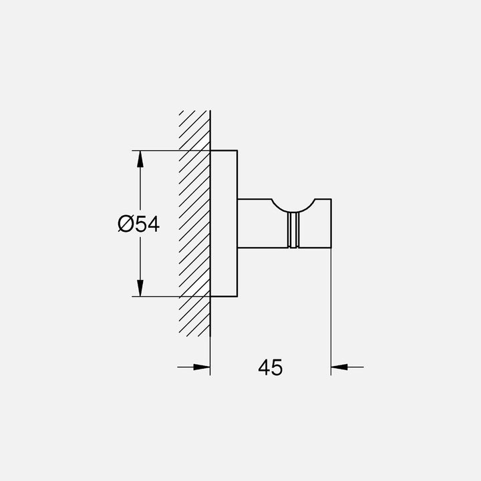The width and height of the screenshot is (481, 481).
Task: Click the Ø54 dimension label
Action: coord(138,224)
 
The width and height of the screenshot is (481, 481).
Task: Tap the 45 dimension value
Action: coord(271,367)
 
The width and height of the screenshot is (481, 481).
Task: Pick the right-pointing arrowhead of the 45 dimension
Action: coord(202,366)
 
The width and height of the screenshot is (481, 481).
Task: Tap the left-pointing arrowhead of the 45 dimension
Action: coord(339,366)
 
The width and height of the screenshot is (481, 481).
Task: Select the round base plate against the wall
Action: coord(224,224)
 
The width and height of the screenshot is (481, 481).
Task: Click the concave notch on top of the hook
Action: coord(292,204)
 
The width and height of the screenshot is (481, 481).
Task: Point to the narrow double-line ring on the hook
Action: coord(292,230)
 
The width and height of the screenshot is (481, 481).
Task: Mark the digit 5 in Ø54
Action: coord(142,224)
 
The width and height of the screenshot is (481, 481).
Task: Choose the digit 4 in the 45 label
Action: coord(264,367)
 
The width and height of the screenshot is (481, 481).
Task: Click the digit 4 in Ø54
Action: coord(154,224)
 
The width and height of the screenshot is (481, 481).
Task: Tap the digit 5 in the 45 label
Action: coord(277,367)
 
